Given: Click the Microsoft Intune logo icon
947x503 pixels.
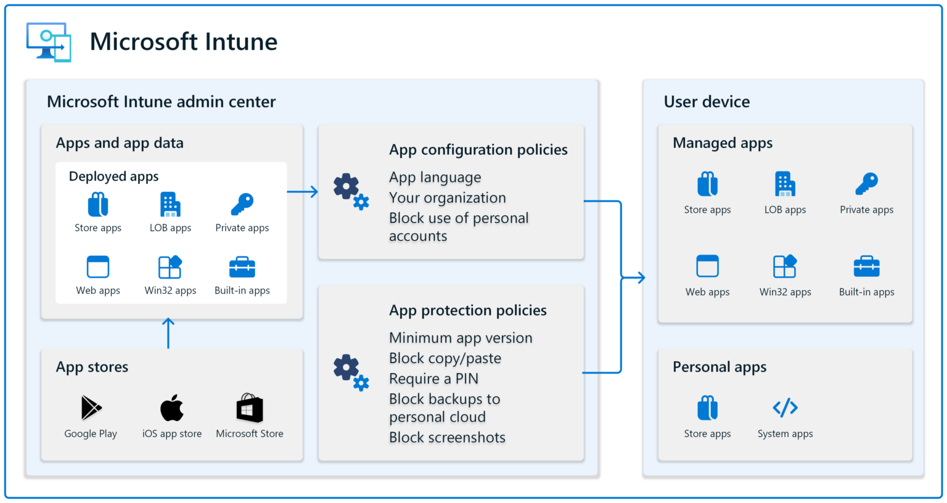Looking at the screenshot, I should point(49,42).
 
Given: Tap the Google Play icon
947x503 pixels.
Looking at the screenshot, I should point(91,407).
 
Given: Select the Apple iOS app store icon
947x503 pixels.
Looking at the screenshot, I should point(172,407).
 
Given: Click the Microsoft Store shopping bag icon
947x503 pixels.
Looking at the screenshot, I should point(250,408).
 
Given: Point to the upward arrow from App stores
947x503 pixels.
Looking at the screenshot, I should point(168,333).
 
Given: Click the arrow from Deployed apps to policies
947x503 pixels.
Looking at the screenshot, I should point(303,192).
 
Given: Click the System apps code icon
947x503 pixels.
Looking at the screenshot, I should point(785,407).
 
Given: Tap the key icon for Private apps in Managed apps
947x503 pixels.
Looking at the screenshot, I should point(866,184).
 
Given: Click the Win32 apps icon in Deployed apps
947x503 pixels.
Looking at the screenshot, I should point(170,267).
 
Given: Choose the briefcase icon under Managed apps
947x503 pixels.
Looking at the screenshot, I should point(866,266).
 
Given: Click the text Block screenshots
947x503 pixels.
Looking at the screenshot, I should point(447,438).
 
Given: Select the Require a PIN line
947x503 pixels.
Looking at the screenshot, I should point(433,378).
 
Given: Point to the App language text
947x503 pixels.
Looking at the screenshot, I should point(435,178).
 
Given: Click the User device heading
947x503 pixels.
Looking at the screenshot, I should point(707,102).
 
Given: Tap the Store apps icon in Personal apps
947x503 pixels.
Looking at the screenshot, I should point(707,407).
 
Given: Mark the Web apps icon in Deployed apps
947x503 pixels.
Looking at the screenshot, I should point(98,267).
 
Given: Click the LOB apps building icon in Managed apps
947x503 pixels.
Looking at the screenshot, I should point(785,184).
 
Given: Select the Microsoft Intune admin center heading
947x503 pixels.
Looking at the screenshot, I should point(161,102).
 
